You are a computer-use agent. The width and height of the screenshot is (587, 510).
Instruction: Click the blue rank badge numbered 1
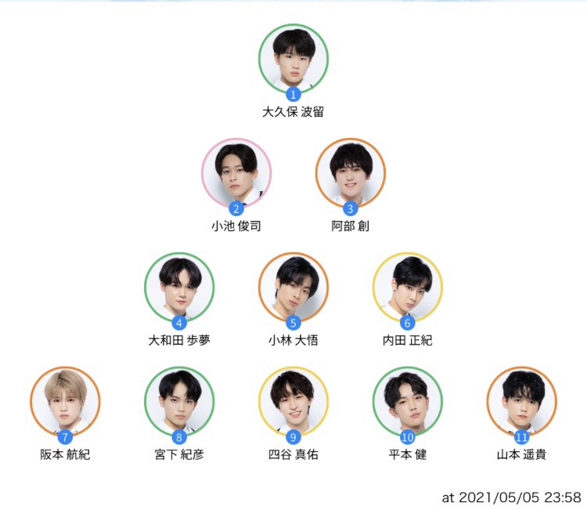click(293, 95)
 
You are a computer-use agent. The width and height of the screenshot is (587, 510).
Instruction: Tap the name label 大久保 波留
click(293, 112)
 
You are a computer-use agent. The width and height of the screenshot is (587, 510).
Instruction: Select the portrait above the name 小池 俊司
click(236, 173)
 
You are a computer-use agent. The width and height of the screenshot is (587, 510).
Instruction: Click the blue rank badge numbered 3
click(351, 208)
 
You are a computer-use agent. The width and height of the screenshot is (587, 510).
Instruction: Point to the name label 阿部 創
click(351, 226)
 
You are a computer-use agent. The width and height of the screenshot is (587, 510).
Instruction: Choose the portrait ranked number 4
click(179, 288)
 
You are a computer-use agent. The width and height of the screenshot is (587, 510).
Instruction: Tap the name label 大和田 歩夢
click(179, 340)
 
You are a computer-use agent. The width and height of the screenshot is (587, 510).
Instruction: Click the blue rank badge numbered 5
click(293, 323)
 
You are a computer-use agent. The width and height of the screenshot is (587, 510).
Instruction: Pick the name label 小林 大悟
click(293, 340)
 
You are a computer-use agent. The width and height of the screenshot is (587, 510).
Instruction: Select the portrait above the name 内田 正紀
click(407, 288)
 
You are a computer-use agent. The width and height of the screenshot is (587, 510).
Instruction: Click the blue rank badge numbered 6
click(407, 323)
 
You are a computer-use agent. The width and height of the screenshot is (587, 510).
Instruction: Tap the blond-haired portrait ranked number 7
click(65, 401)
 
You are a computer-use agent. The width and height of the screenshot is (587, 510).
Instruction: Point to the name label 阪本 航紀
click(65, 454)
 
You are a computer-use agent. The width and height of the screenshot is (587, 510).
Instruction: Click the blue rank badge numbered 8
click(179, 437)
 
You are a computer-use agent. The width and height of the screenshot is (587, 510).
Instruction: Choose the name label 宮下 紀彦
click(179, 454)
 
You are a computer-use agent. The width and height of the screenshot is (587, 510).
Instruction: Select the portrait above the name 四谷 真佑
click(293, 401)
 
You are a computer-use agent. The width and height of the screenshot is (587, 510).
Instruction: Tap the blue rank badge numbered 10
click(407, 437)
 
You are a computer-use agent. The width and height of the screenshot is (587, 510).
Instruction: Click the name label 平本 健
click(407, 454)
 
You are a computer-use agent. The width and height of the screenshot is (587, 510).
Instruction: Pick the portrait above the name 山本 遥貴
click(521, 401)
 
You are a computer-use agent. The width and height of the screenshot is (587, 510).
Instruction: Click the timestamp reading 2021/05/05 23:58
click(520, 497)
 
